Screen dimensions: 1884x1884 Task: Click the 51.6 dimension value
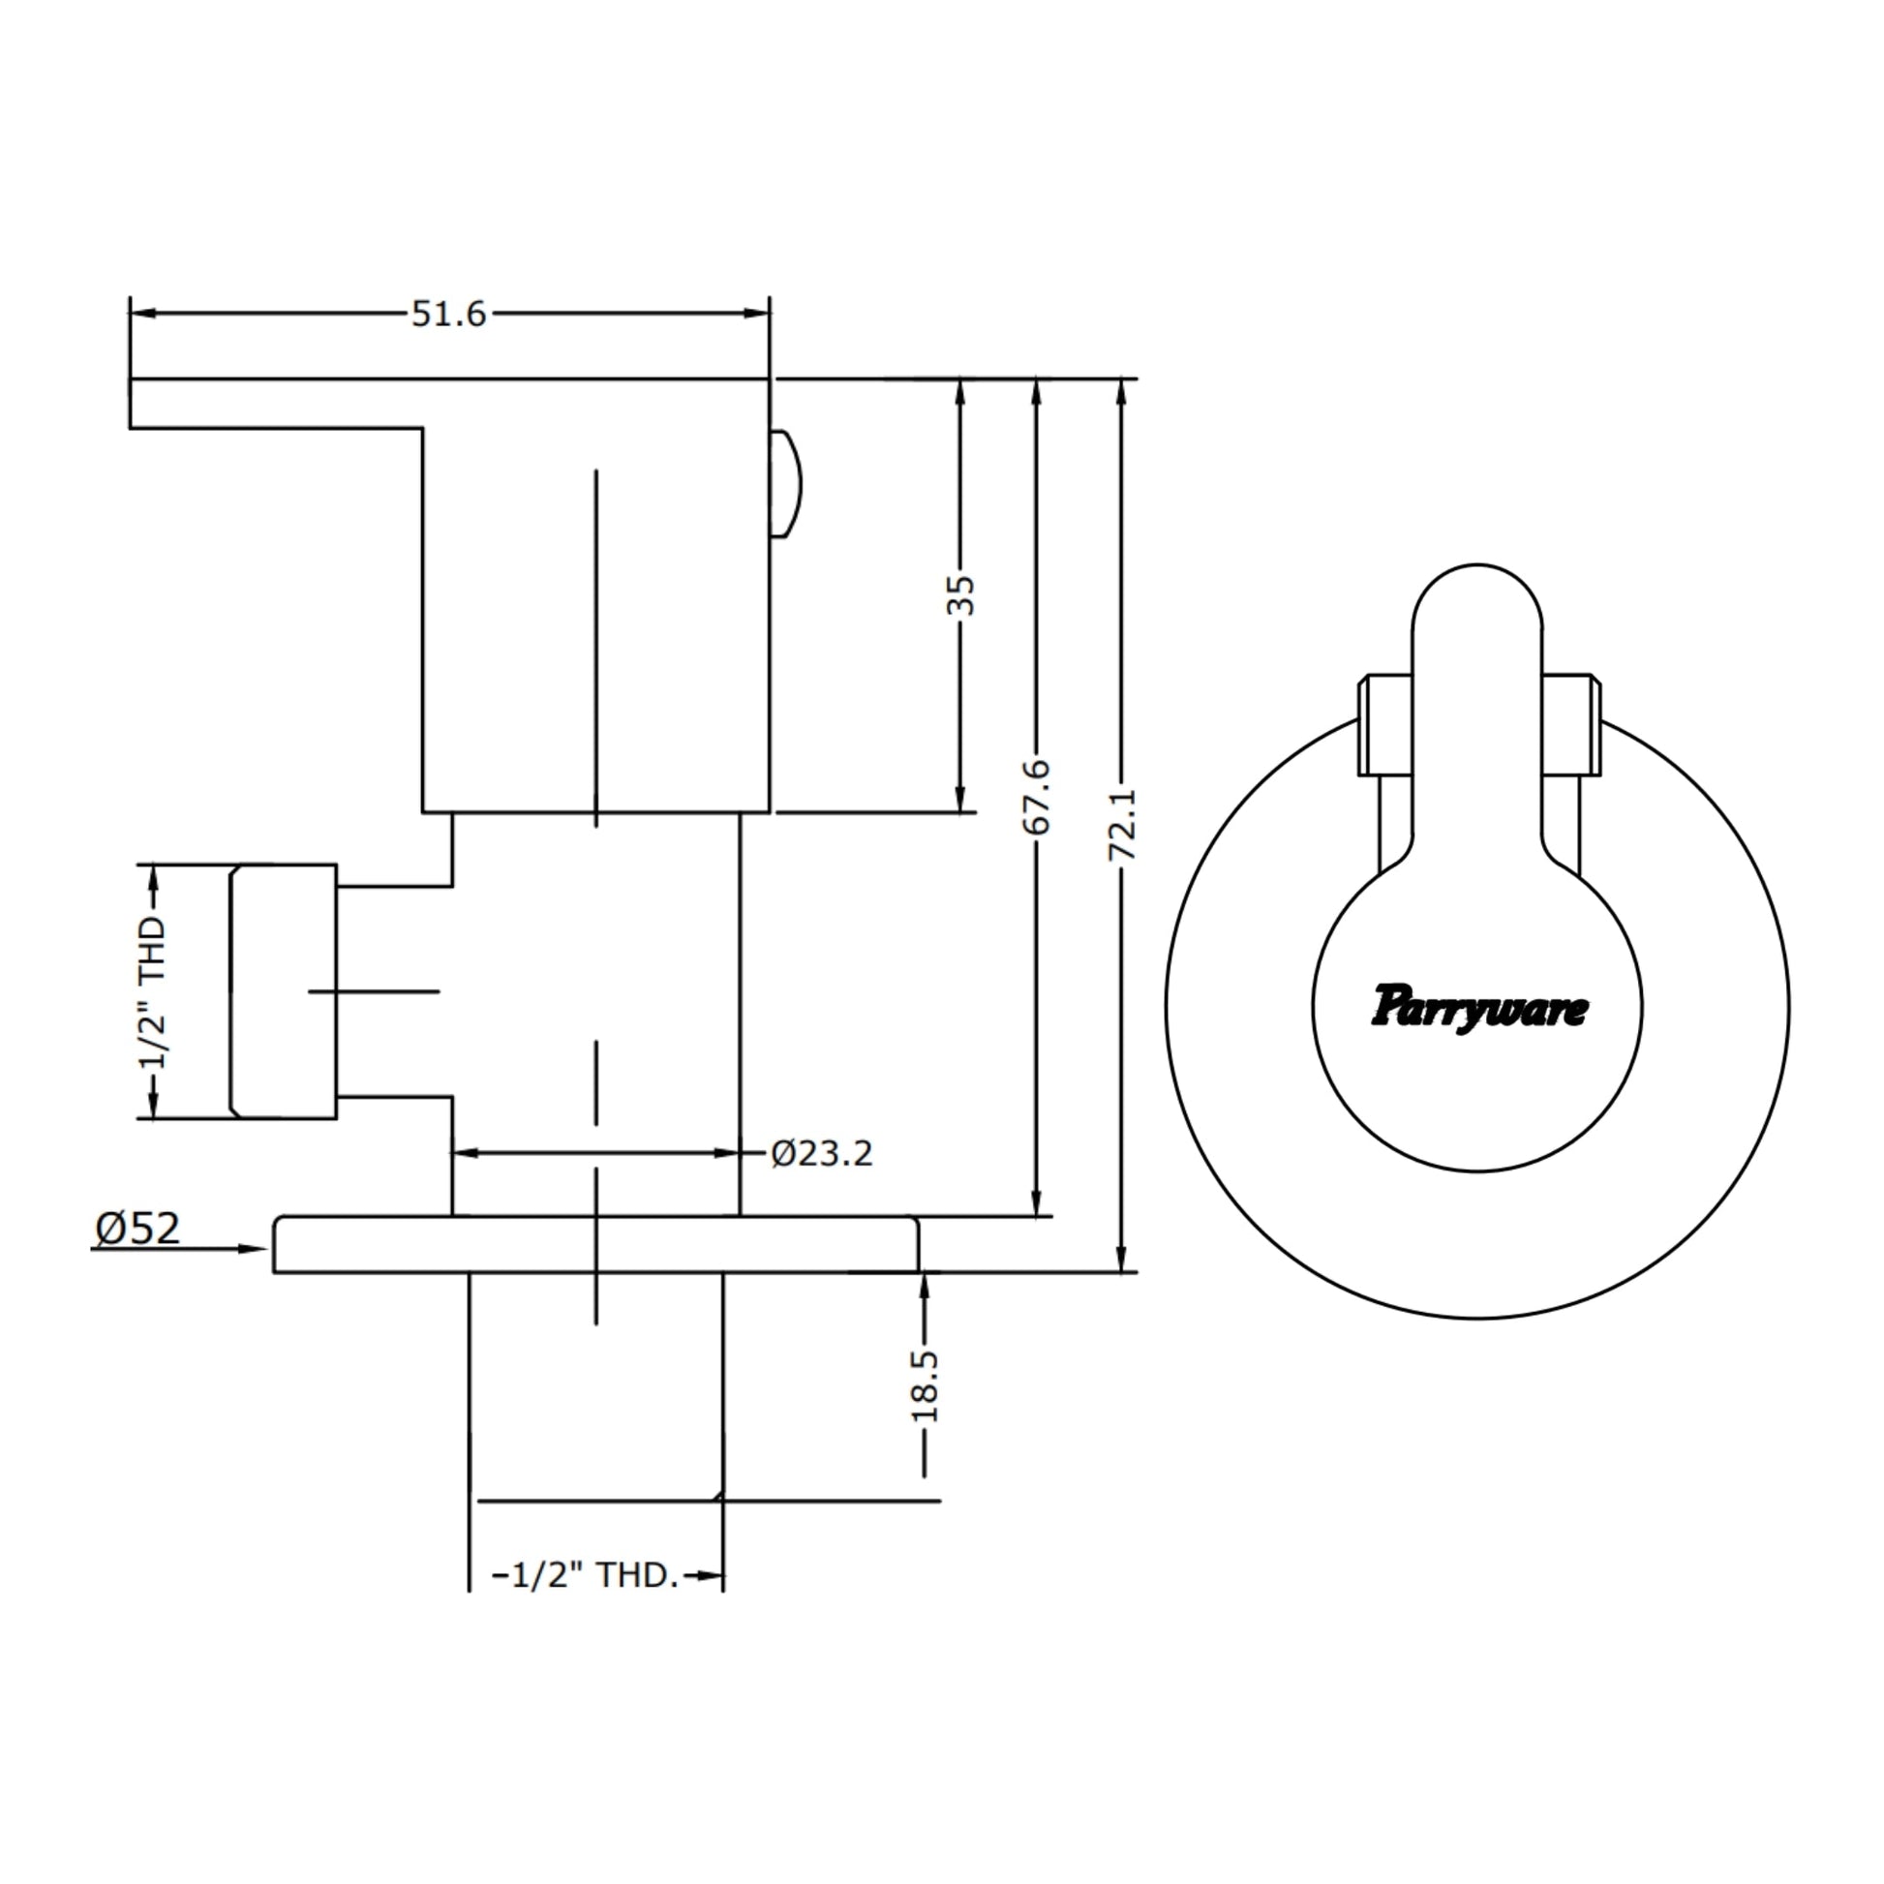coord(448,314)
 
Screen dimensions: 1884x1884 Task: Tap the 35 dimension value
coord(960,594)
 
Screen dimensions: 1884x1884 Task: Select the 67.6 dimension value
coord(1037,798)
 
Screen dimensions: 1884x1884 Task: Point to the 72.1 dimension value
coord(1121,825)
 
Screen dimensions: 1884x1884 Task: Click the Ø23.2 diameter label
coord(821,1154)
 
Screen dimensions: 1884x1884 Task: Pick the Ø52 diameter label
coord(137,1229)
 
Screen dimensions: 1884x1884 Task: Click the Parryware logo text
coord(1479,1008)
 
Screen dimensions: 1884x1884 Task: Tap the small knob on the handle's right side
coord(786,484)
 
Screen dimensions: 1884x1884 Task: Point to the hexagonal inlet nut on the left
coord(283,990)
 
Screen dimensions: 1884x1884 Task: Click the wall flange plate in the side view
coord(595,1244)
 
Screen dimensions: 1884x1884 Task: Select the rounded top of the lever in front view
coord(1477,596)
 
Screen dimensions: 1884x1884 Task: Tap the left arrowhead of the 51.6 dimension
coord(144,313)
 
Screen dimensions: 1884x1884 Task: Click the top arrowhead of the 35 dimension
coord(960,393)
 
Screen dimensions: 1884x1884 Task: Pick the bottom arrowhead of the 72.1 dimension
coord(1121,1258)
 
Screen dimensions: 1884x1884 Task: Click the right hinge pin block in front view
coord(1571,724)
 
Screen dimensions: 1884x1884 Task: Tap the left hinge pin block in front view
coord(1384,724)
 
